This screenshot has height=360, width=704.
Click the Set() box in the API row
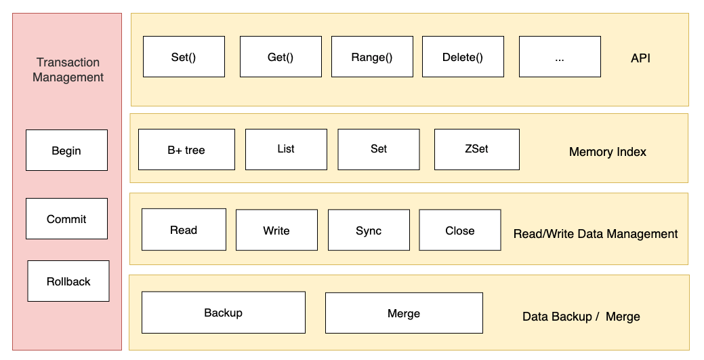pyautogui.click(x=184, y=57)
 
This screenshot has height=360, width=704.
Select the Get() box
pyautogui.click(x=281, y=57)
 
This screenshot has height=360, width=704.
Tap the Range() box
pyautogui.click(x=371, y=57)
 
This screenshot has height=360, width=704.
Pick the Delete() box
pyautogui.click(x=463, y=57)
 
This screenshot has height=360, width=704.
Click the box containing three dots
pyautogui.click(x=560, y=57)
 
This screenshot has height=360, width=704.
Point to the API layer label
pyautogui.click(x=640, y=58)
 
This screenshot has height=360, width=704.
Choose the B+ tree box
pyautogui.click(x=186, y=150)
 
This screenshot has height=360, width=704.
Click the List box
pyautogui.click(x=286, y=149)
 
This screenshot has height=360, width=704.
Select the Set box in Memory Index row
pyautogui.click(x=379, y=149)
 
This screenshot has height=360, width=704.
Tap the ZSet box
pyautogui.click(x=476, y=149)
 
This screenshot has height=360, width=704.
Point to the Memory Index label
pyautogui.click(x=607, y=152)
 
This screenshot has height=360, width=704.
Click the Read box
pyautogui.click(x=184, y=231)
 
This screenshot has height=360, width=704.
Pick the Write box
pyautogui.click(x=276, y=231)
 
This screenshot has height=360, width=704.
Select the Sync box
pyautogui.click(x=369, y=231)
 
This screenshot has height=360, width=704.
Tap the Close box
pyautogui.click(x=460, y=231)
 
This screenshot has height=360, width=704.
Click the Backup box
pyautogui.click(x=223, y=313)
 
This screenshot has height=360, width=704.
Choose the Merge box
pyautogui.click(x=404, y=313)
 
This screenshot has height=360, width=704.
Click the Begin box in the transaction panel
pyautogui.click(x=66, y=151)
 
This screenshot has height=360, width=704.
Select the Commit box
pyautogui.click(x=66, y=219)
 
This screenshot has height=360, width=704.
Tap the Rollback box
pyautogui.click(x=68, y=281)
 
